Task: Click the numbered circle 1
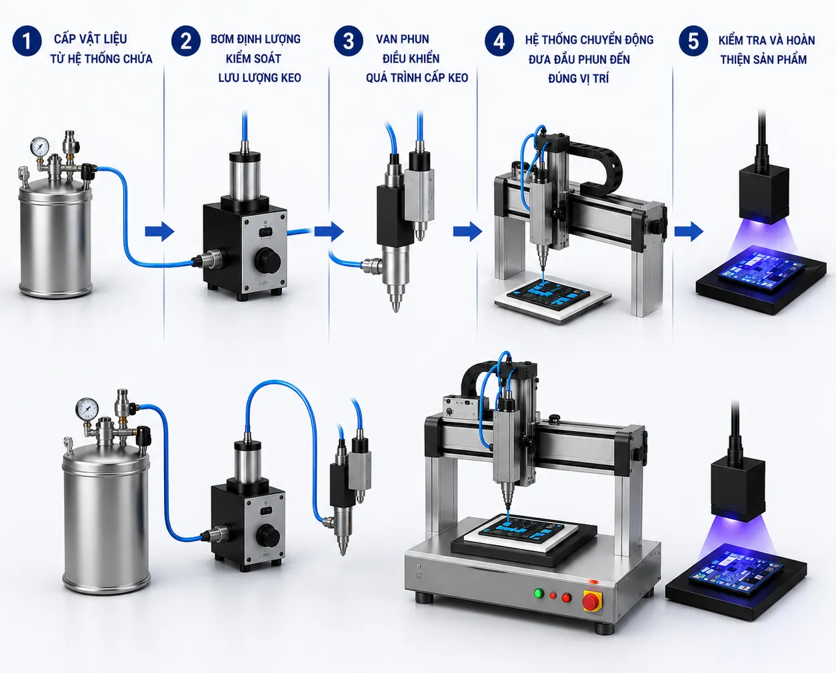click(27, 41)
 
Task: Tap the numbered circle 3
click(349, 41)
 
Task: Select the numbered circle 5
click(693, 41)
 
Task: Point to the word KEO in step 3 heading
click(458, 78)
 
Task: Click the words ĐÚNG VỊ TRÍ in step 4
click(579, 79)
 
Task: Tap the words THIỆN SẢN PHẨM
click(763, 60)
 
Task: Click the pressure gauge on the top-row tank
click(40, 147)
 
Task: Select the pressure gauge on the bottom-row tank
click(87, 408)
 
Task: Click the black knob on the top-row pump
click(267, 261)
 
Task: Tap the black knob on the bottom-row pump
click(267, 536)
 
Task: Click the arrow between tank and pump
click(159, 232)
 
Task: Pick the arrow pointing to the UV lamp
click(689, 232)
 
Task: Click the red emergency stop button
click(591, 602)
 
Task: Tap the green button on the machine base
click(539, 593)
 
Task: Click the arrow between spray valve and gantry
click(468, 232)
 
